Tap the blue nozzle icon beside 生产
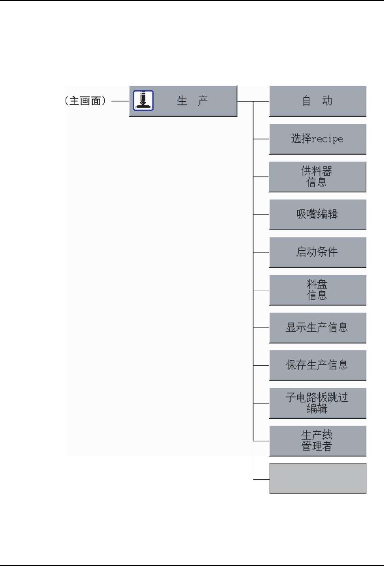(x=143, y=101)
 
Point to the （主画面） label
(x=85, y=101)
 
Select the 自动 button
(x=318, y=101)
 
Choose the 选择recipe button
(x=318, y=139)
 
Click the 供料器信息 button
(x=318, y=177)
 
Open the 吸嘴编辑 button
(x=318, y=214)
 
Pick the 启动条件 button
(x=318, y=252)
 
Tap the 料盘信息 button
(x=318, y=290)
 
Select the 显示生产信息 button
(x=318, y=328)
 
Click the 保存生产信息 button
(x=318, y=365)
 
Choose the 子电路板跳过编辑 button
(x=318, y=403)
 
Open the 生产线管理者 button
(x=318, y=441)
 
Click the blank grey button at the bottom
(x=318, y=478)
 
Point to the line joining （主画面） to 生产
(x=120, y=101)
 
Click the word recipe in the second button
(x=327, y=139)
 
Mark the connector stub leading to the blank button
(x=261, y=479)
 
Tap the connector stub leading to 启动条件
(x=261, y=252)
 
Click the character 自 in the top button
(x=307, y=101)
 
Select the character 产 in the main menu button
(x=203, y=101)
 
